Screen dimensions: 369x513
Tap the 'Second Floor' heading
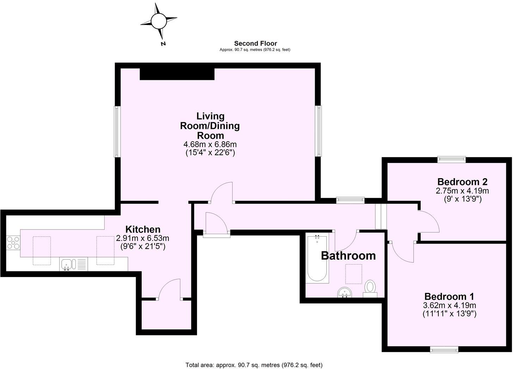pos(255,43)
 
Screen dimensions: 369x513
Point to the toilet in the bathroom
pos(370,288)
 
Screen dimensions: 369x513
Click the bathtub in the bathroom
pos(317,259)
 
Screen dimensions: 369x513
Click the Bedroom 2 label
pos(462,182)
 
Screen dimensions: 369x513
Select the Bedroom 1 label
pos(449,296)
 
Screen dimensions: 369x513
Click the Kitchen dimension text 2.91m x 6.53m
pos(143,238)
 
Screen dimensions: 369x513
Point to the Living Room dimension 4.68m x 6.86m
pos(210,144)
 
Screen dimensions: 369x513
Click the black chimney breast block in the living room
pos(177,74)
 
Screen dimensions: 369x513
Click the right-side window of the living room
pos(319,131)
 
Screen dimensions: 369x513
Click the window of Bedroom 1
pos(444,349)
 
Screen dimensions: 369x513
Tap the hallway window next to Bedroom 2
pos(350,200)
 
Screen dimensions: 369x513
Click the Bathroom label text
pos(348,256)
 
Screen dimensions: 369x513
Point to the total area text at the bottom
pos(254,365)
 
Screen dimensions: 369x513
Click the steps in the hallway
pos(381,216)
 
